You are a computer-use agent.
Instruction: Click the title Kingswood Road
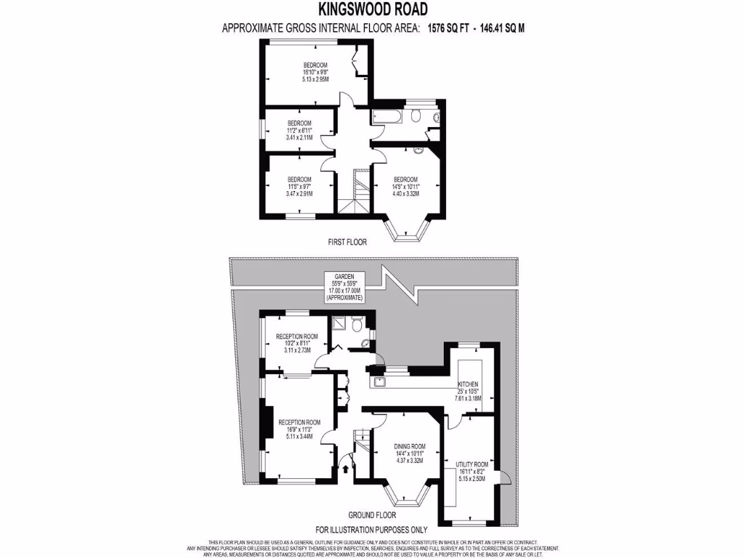click(373, 9)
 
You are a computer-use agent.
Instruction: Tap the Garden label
click(344, 277)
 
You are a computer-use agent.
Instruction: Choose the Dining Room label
click(410, 446)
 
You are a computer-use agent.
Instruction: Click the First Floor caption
click(347, 242)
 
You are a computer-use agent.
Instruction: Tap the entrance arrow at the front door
click(345, 469)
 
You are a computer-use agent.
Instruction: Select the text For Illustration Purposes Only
click(371, 530)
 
